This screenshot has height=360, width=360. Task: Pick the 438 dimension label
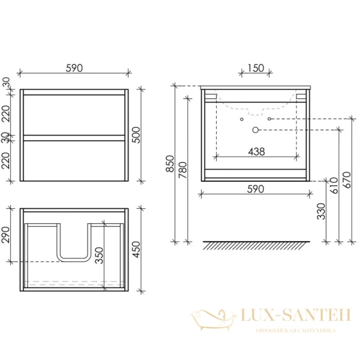pos(257,152)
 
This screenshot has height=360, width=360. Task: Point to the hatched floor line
pos(257,245)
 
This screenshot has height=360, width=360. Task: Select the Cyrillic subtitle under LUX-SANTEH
pos(286,331)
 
